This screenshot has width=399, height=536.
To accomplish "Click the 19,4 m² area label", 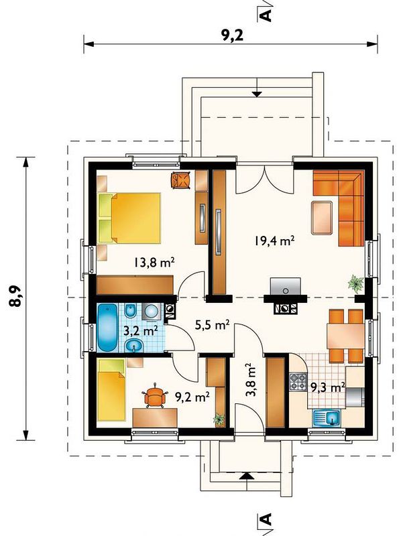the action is pos(274,241).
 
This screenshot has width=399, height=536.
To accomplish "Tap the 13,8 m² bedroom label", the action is pos(154,262).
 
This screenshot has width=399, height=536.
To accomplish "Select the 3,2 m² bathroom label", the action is pos(140,331).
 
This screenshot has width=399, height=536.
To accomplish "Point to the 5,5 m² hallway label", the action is pos(212,325).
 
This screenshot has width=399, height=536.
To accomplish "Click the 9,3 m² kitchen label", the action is pos(327,387).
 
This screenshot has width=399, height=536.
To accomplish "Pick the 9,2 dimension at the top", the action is pos(232,35).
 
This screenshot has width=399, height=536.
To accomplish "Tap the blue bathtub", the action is pos(108,328).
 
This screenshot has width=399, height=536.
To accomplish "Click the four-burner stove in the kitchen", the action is pos(298,382).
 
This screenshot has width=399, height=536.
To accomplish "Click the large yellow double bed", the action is pos(130,218).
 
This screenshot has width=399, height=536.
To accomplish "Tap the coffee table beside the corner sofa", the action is pos(322,217).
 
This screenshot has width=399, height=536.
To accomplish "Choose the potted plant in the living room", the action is pos(356,283).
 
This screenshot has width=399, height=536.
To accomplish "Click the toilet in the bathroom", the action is pos(130,311).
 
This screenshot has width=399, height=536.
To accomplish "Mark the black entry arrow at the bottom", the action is pos(247,476).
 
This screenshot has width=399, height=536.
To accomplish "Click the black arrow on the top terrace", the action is pos(257,94).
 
